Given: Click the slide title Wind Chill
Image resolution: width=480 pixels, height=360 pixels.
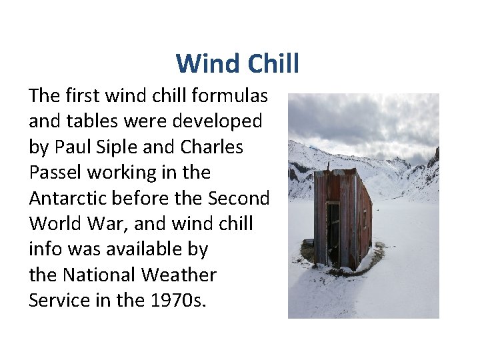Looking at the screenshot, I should pos(237,64).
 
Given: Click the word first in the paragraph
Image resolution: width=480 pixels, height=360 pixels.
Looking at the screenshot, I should pos(87,96).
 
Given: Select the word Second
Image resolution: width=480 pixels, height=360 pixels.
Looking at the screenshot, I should pos(239,198).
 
